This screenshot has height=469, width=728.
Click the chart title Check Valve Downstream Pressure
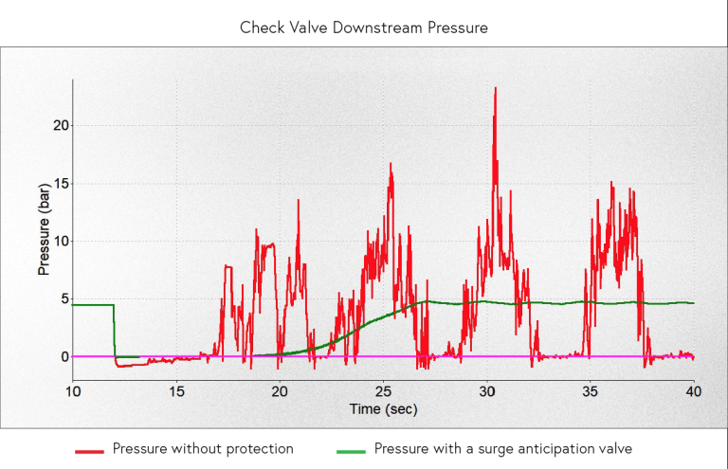click(x=364, y=27)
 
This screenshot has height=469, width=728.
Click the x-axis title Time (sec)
click(x=383, y=409)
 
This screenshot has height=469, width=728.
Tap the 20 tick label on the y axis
click(x=59, y=125)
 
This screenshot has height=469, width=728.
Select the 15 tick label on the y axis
click(x=59, y=183)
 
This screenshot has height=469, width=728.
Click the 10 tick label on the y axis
click(x=59, y=241)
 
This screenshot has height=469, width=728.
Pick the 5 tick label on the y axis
click(x=63, y=298)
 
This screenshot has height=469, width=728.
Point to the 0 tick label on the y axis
click(x=63, y=357)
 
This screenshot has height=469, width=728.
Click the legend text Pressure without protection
click(x=203, y=448)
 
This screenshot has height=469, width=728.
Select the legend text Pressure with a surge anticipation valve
click(x=503, y=448)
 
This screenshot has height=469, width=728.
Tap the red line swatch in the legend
click(x=90, y=449)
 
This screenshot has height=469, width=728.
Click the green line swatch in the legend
click(x=352, y=449)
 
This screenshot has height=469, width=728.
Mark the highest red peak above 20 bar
click(x=495, y=89)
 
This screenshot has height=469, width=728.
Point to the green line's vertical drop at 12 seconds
click(x=114, y=332)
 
